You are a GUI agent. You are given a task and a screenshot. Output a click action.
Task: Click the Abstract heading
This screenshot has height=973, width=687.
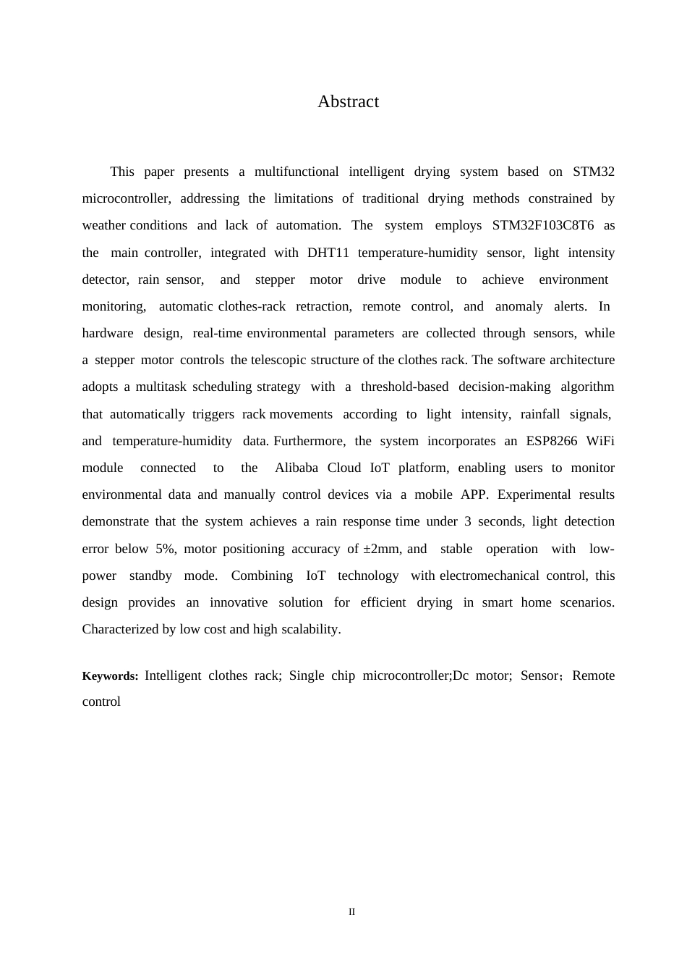[348, 102]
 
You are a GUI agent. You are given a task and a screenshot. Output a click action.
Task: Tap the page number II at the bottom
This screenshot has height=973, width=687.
[352, 912]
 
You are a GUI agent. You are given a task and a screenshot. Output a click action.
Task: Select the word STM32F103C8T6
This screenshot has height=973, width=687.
[542, 225]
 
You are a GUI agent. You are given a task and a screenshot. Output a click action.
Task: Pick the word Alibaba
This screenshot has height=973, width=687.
[296, 468]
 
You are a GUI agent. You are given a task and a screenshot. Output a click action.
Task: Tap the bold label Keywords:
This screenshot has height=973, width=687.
[110, 676]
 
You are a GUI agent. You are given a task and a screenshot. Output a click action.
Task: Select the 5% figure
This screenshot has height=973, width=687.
[165, 549]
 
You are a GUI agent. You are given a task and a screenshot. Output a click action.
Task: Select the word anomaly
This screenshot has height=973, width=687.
[519, 306]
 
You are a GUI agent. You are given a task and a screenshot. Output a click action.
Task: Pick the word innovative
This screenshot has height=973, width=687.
[239, 602]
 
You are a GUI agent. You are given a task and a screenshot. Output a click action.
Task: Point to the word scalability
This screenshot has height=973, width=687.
[306, 629]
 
